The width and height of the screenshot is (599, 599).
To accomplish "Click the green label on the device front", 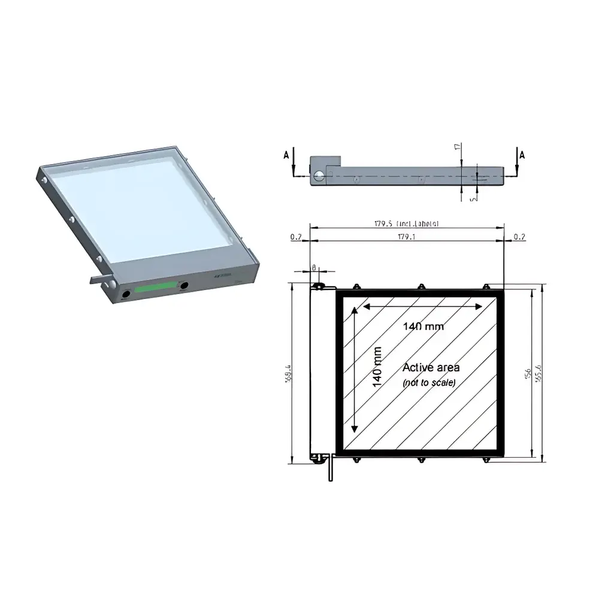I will click(155, 288).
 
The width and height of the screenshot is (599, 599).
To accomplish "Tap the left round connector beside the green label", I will click(126, 294).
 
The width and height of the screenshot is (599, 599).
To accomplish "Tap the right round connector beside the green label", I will click(184, 286).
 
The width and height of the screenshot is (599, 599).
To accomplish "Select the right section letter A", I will click(522, 155).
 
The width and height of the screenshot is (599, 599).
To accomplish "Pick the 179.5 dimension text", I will click(407, 224).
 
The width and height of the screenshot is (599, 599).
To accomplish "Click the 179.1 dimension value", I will click(407, 237).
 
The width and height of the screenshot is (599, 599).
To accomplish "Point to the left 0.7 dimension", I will click(296, 237).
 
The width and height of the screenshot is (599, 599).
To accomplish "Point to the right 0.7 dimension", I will click(519, 237).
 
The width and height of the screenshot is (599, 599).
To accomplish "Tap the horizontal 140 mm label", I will click(419, 327).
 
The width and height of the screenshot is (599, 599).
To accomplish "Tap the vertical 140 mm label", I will click(377, 367).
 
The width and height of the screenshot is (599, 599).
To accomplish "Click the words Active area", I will click(431, 367).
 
